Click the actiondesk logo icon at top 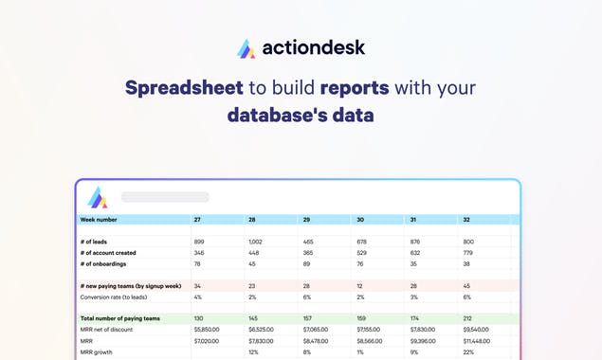[246, 47]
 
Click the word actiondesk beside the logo [313, 46]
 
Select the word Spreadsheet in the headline [184, 89]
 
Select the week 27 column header [197, 219]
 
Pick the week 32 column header [465, 219]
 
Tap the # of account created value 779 [467, 253]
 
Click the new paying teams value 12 [359, 285]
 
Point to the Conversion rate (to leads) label [121, 297]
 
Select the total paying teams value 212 [467, 318]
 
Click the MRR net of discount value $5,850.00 [207, 329]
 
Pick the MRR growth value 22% [467, 351]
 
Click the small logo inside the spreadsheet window [98, 197]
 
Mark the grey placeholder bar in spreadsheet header [165, 197]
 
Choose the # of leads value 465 [310, 242]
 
